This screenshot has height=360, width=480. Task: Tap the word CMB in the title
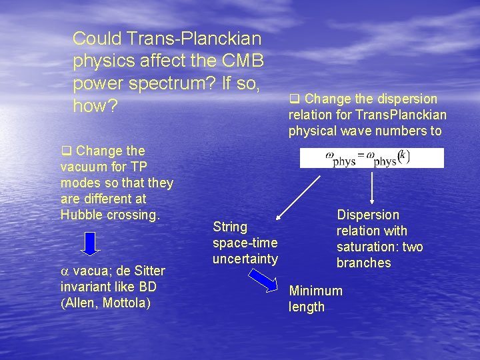[241, 61]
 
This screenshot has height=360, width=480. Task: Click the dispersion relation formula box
[371, 158]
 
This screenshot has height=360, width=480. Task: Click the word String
[230, 227]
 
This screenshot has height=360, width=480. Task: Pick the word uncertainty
[245, 259]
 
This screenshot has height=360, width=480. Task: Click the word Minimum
[315, 291]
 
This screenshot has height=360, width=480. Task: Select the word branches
[363, 263]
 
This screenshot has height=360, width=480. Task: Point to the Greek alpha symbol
[65, 271]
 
